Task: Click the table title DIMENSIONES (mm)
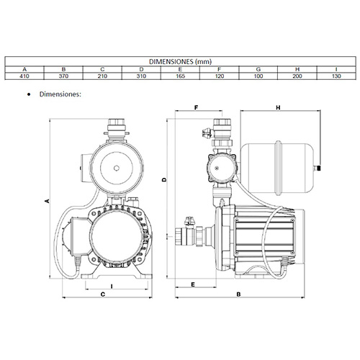tap(179, 62)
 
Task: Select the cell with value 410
tap(24, 75)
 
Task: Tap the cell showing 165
tap(179, 75)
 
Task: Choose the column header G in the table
tap(257, 68)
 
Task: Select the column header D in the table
tap(140, 68)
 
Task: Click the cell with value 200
tap(296, 75)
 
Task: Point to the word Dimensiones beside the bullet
tap(59, 93)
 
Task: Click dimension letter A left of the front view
tap(47, 202)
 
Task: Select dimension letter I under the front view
tap(112, 286)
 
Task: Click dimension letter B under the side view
tap(238, 295)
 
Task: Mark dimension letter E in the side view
tap(195, 286)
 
